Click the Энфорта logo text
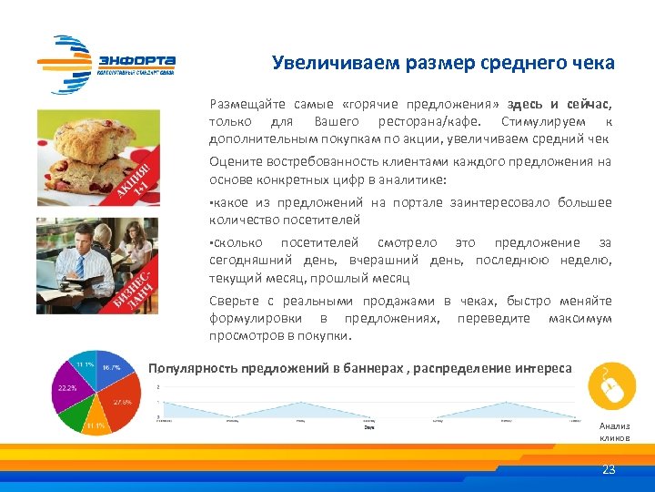[136, 61]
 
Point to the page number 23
[609, 470]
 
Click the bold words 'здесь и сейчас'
[559, 105]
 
